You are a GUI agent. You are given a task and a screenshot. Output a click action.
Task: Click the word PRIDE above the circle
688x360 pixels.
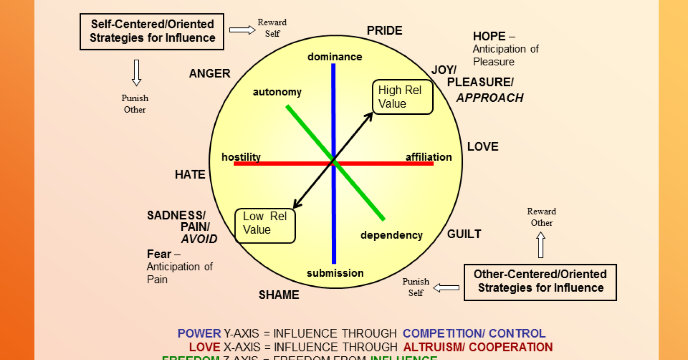384,31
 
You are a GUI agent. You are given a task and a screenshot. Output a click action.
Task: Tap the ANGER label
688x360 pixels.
210,74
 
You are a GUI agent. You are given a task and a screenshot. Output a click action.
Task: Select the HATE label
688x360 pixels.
190,175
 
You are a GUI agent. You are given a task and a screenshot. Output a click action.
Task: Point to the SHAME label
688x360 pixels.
279,295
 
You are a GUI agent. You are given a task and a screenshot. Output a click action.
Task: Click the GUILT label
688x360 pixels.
464,234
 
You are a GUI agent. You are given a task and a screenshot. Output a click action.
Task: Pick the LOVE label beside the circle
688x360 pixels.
483,147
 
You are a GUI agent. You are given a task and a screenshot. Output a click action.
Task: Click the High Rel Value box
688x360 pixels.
403,97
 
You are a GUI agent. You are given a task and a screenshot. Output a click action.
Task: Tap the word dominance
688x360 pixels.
335,57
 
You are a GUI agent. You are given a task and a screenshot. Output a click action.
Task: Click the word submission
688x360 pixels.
335,273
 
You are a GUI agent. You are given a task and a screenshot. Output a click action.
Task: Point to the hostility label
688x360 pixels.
241,157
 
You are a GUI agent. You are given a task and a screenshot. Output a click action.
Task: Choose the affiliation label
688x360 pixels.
428,157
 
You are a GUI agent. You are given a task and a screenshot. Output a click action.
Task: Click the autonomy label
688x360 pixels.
277,92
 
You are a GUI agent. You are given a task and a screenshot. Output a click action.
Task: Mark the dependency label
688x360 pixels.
391,235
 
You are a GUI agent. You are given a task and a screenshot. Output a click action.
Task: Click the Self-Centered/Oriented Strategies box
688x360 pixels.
152,31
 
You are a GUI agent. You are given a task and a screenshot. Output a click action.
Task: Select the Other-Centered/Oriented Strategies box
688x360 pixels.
540,282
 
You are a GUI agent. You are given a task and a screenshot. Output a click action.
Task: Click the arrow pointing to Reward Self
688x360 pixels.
242,30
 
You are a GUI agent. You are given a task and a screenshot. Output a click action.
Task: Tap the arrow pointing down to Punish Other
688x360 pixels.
136,72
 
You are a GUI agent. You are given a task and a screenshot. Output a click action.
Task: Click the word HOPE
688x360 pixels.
489,36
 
